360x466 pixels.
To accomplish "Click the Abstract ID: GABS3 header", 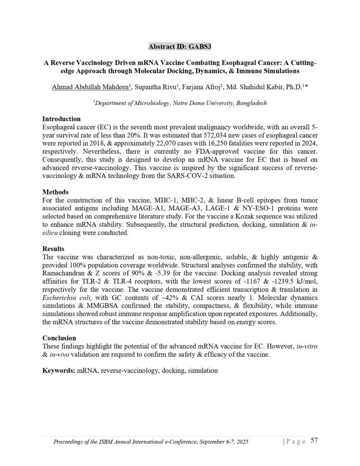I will point(180,46).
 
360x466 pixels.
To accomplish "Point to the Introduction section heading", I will point(61,119).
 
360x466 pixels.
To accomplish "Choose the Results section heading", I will point(53,249).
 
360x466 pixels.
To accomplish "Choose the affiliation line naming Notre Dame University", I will point(180,103).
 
